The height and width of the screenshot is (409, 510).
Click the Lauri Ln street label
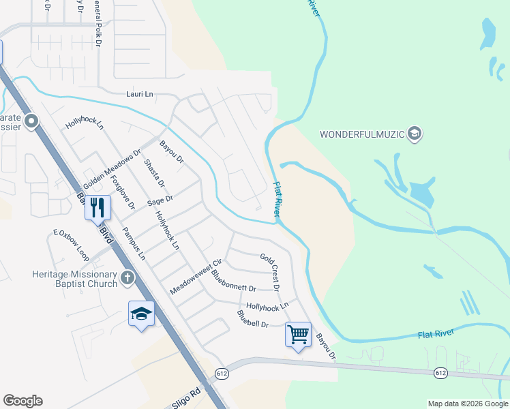point(140,93)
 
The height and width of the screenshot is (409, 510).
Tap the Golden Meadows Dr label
point(112,170)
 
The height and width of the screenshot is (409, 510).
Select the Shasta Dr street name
point(155,173)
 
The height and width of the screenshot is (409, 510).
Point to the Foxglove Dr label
point(123,193)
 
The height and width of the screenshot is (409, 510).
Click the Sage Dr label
point(161,200)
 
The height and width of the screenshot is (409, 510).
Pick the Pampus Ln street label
point(134,244)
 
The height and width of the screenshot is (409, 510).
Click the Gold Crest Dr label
point(270,272)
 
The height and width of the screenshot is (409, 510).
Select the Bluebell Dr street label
point(253,318)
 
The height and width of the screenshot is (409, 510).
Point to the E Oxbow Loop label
point(72,245)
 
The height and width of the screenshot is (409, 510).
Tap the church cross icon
point(127,277)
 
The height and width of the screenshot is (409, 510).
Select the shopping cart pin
point(298,334)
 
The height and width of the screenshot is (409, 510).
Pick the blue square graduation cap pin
point(141,314)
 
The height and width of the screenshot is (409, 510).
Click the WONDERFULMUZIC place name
point(363,134)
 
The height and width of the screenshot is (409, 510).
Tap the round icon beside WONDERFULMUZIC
point(415,134)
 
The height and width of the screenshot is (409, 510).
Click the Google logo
point(22,401)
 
